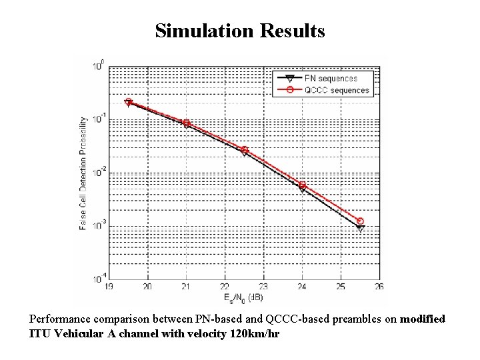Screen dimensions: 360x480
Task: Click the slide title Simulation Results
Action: [x=240, y=31]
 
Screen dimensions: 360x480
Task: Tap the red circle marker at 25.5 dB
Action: [x=360, y=221]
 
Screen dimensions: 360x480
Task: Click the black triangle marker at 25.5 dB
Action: [x=360, y=228]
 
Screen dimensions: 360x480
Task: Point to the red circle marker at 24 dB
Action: [x=302, y=185]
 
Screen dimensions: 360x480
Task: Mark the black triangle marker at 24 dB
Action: [x=302, y=189]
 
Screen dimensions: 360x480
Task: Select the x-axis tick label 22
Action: [x=225, y=286]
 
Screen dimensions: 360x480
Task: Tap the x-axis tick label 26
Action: [x=379, y=286]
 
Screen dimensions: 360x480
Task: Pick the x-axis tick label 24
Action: [x=302, y=286]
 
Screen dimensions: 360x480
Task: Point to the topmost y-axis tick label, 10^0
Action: [x=98, y=66]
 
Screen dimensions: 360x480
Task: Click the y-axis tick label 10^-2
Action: [x=97, y=173]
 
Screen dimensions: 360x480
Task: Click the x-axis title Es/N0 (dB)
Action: [x=244, y=297]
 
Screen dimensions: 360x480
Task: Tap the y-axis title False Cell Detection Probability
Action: [x=83, y=173]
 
